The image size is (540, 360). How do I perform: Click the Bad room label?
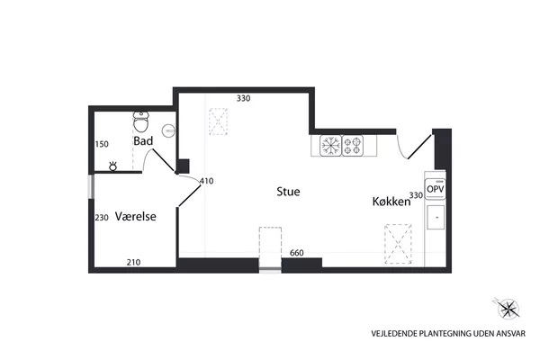(143, 141)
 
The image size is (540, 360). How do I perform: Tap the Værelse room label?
(135, 216)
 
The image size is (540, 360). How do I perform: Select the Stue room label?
(288, 192)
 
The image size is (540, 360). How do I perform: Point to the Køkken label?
(391, 202)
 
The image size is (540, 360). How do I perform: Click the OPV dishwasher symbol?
(436, 189)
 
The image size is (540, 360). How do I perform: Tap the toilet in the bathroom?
(141, 122)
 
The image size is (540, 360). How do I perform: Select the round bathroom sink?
(168, 130)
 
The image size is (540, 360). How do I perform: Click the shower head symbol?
(113, 166)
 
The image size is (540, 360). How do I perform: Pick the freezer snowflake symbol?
(330, 146)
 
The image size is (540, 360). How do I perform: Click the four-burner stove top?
(353, 146)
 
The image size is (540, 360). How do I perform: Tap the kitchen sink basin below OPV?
(436, 217)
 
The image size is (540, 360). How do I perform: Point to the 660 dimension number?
(296, 253)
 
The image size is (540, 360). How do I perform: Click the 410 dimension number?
(207, 181)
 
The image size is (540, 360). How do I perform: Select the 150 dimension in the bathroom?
(102, 144)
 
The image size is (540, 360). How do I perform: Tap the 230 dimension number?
(102, 218)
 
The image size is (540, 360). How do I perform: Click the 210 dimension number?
(133, 263)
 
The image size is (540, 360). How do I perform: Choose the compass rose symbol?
(508, 308)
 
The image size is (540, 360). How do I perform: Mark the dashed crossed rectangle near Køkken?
(398, 244)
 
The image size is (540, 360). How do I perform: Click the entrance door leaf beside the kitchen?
(419, 147)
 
